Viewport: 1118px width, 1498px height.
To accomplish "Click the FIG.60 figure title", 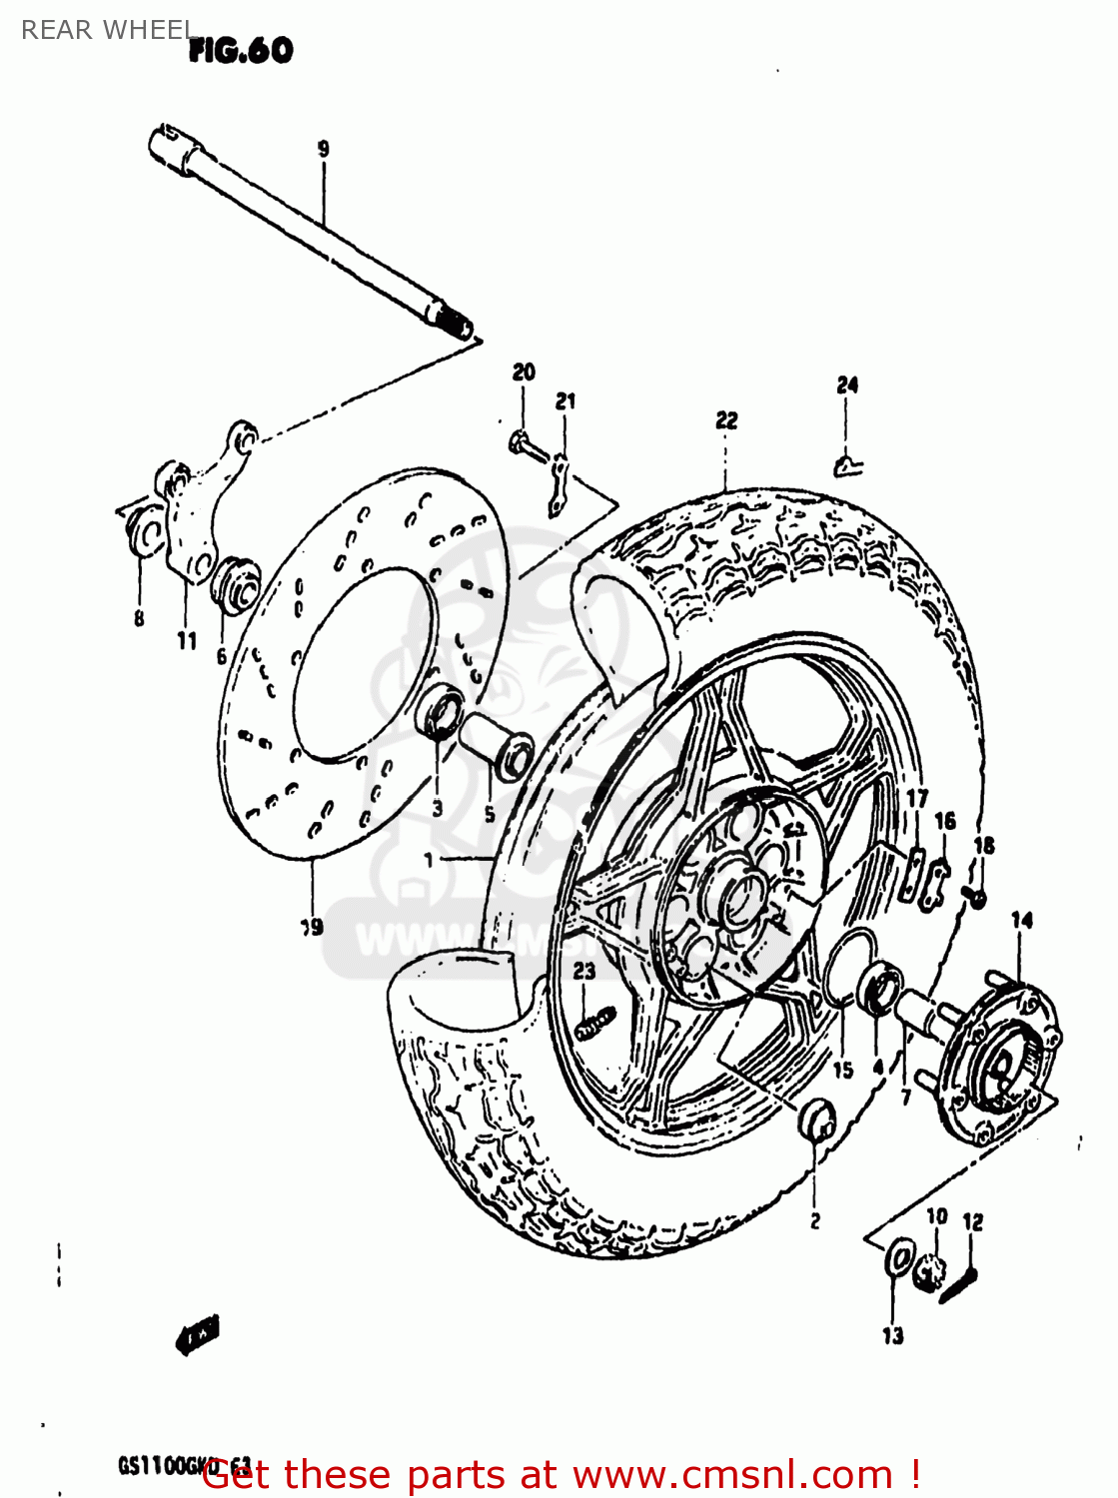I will pos(241,50).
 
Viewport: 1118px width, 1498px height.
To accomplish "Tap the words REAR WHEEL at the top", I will pos(106,30).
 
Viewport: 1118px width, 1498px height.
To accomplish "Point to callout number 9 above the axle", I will pos(323,149).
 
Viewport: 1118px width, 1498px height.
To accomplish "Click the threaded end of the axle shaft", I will pos(455,323).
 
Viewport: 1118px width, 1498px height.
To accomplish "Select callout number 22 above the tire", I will pos(726,420).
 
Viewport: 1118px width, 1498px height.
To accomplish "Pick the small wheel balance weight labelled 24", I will pos(847,463).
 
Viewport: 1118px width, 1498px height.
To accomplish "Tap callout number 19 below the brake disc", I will pos(313,926).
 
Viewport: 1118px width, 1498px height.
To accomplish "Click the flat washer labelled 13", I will pos(899,1257).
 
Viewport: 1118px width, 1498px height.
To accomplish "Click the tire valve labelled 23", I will pos(595,1023).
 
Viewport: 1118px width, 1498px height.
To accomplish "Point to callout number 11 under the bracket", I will pos(187,641).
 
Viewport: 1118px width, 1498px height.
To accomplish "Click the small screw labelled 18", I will pos(975,897).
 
